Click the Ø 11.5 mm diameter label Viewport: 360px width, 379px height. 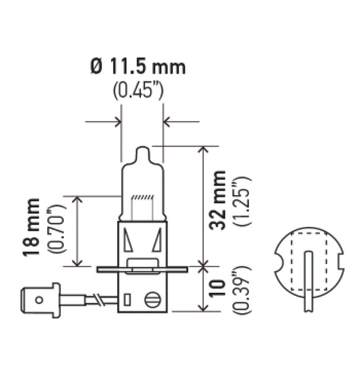click(138, 66)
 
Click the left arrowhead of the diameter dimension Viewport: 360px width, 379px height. click(117, 121)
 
